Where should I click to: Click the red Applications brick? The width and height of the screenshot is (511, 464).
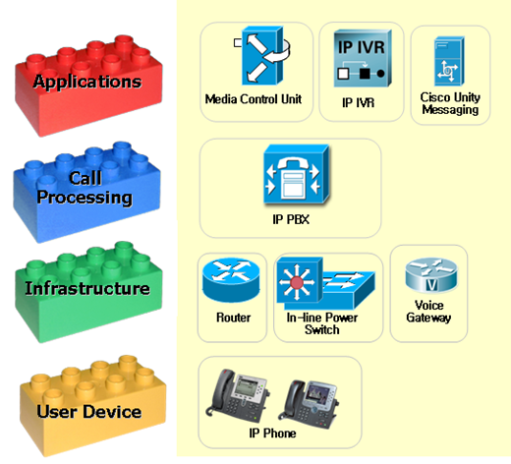88,87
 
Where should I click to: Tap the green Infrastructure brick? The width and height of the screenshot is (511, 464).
88,293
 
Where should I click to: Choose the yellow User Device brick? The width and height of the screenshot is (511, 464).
92,406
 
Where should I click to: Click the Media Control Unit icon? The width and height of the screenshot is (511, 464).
262,56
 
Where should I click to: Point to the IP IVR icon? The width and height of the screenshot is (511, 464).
363,59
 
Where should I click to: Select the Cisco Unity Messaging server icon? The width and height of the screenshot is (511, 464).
449,61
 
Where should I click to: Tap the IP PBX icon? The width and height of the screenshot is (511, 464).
297,175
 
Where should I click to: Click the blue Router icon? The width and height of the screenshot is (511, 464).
231,280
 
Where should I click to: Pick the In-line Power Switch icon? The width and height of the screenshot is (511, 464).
325,283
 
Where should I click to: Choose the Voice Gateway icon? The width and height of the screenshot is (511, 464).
430,275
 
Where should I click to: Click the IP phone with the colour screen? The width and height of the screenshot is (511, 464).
308,405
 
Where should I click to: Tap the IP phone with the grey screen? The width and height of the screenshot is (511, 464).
237,395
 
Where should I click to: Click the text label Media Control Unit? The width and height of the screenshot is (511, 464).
254,99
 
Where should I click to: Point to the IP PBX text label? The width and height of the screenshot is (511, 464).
291,219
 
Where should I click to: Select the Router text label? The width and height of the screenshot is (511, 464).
233,318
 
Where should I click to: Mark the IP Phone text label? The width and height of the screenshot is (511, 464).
272,434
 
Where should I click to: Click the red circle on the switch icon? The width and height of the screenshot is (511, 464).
297,282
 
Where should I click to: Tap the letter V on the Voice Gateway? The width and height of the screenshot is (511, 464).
431,285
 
